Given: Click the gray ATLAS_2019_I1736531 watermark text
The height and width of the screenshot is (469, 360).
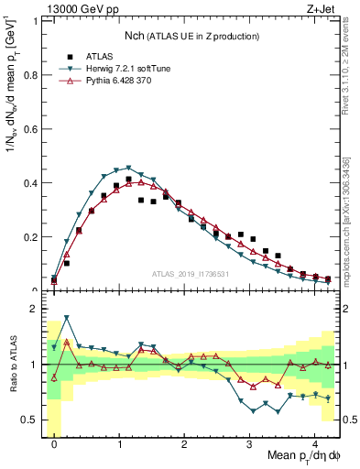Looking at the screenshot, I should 191,273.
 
